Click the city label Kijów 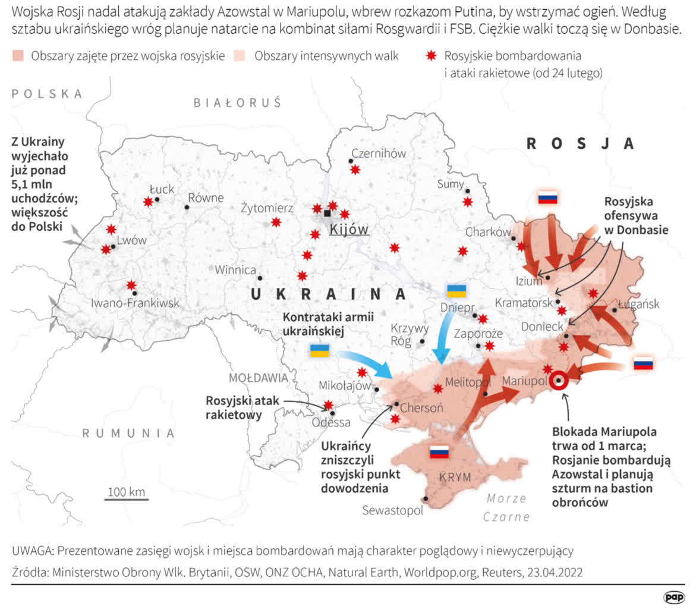[349, 229]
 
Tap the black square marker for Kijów [327, 213]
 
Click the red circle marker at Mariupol [558, 381]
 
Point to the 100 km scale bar [126, 498]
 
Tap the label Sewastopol [392, 510]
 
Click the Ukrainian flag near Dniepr [456, 291]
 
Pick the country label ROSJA [581, 143]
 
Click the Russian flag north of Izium [547, 198]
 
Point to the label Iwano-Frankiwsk [134, 303]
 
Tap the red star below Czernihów [355, 169]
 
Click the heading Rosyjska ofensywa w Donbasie [635, 215]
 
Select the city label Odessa [332, 423]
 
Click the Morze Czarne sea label [506, 507]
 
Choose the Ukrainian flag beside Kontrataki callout [320, 350]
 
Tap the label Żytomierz [267, 209]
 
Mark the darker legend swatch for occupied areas [18, 56]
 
